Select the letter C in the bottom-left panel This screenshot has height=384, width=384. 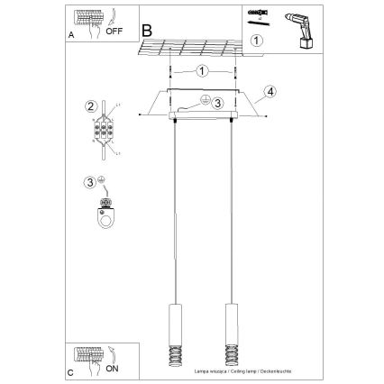coord(71,370)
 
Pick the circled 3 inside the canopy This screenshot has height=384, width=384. coord(217,104)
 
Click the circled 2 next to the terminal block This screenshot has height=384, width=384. coord(91,106)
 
